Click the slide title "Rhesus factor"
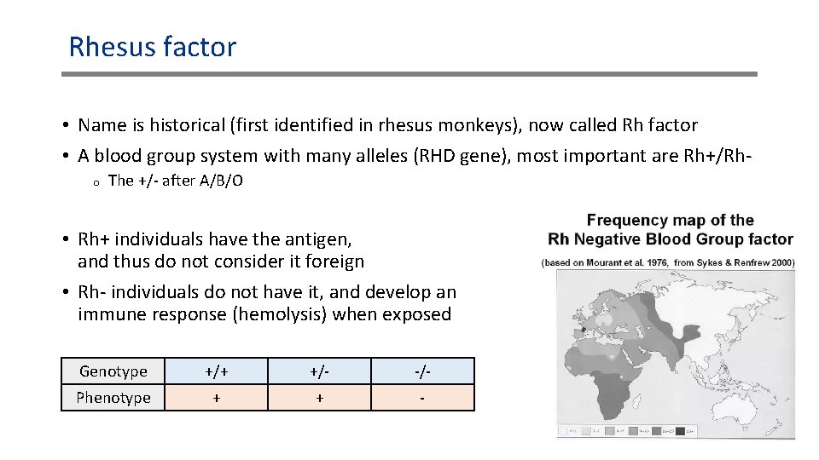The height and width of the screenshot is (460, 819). click(x=152, y=46)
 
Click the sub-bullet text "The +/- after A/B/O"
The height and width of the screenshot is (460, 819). click(x=176, y=181)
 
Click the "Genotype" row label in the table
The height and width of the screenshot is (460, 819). click(x=113, y=371)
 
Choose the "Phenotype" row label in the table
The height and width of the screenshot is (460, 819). click(x=113, y=398)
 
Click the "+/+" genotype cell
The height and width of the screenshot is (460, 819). click(x=217, y=371)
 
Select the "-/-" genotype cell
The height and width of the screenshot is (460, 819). click(x=422, y=371)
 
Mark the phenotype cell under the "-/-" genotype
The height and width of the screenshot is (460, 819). click(x=422, y=398)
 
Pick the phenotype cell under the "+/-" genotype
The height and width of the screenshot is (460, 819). click(x=320, y=398)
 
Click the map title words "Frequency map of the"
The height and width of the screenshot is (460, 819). click(x=670, y=221)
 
